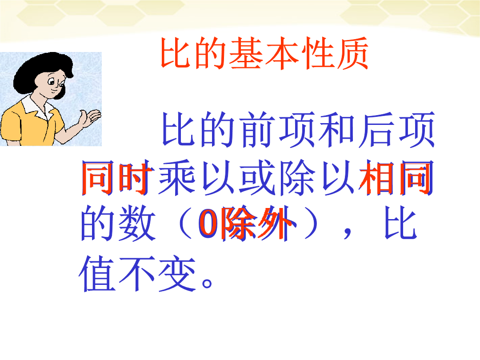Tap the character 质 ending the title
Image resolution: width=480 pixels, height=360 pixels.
click(x=351, y=53)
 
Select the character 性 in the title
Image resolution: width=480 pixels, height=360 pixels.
click(x=316, y=53)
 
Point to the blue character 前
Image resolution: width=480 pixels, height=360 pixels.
click(x=256, y=129)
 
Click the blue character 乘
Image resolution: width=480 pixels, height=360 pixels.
click(x=177, y=177)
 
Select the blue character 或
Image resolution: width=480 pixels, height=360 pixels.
click(x=256, y=177)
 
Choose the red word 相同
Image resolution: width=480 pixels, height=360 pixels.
click(x=396, y=177)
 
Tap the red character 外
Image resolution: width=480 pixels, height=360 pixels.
click(x=276, y=224)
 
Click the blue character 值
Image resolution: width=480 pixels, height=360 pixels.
click(x=97, y=273)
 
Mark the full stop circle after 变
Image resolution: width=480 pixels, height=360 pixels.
click(x=207, y=283)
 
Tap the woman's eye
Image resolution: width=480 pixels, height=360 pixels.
click(x=51, y=82)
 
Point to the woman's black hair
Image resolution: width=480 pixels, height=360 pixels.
click(x=40, y=69)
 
